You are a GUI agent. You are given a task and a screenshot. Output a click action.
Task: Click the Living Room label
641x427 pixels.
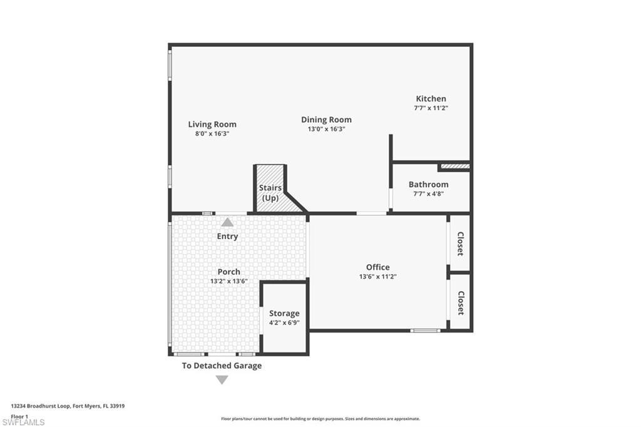coord(212,125)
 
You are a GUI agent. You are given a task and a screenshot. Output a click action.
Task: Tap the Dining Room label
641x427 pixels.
coord(326,120)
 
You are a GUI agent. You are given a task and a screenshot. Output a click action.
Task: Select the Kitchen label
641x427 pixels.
coord(431,98)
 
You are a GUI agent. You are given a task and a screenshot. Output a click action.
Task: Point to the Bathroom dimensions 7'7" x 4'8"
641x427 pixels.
coord(428,194)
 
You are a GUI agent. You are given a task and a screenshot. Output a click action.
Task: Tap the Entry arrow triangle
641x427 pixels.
coord(227,222)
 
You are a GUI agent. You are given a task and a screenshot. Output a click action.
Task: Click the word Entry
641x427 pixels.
coord(227,237)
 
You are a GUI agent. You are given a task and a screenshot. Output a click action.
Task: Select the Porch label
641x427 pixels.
coord(229,272)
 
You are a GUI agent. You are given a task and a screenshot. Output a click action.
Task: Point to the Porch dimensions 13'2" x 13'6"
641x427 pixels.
coord(229,281)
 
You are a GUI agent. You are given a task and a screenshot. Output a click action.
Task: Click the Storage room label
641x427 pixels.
coord(284,313)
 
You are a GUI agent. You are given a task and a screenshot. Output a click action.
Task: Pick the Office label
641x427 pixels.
coord(377,267)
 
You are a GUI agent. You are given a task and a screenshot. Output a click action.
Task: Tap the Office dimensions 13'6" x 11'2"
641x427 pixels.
coord(377,277)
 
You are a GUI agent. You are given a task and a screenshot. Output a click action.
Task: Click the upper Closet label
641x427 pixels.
coord(460,244)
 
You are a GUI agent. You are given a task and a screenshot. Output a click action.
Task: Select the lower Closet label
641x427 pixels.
coord(461,303)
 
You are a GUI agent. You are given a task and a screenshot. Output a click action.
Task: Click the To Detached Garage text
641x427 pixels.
coord(222,366)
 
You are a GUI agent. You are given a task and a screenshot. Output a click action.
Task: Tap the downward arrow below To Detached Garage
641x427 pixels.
coord(222,380)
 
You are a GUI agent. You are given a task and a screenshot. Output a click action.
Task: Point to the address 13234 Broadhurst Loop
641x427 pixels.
coord(41,406)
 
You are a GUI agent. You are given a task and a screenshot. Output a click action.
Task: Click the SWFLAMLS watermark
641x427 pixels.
coord(23,422)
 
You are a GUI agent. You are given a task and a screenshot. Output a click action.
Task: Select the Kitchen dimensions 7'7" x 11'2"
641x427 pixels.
coord(431,108)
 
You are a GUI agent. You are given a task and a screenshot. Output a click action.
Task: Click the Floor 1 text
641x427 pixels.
coord(19,416)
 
